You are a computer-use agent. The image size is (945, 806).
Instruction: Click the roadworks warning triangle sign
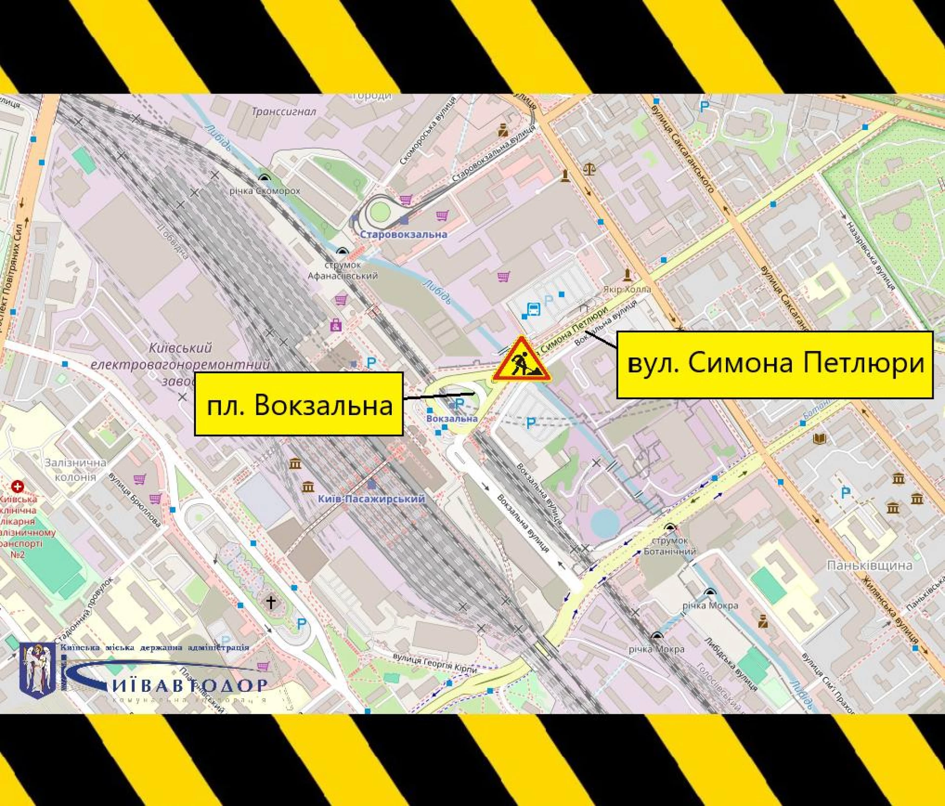point(521,360)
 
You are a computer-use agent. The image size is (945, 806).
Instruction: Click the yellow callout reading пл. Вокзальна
point(299,404)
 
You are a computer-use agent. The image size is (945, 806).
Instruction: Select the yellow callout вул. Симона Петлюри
point(775,364)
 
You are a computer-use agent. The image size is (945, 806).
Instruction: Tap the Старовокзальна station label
point(404,234)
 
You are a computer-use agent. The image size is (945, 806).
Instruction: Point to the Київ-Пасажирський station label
point(371,499)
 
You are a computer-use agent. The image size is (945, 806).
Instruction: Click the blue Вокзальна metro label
point(451,419)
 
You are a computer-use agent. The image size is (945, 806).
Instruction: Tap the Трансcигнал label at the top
point(284,112)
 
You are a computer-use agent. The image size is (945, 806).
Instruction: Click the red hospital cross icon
point(18,486)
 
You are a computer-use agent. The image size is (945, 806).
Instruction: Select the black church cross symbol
point(271,602)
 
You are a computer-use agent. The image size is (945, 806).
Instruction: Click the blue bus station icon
point(533,309)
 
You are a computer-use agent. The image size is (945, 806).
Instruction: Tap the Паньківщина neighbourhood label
point(870,565)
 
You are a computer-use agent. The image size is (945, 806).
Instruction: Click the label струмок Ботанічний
point(669,546)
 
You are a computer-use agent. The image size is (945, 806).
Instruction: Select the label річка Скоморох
point(265,191)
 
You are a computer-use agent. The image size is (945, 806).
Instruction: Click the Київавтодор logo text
point(187,685)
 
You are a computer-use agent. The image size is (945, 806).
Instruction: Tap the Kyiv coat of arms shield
point(37,670)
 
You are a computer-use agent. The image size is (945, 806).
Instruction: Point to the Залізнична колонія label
point(75,470)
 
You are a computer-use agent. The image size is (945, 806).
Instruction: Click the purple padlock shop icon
point(336,325)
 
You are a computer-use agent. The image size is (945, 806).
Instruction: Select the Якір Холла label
point(627,290)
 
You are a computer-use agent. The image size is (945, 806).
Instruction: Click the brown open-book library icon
point(819,438)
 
